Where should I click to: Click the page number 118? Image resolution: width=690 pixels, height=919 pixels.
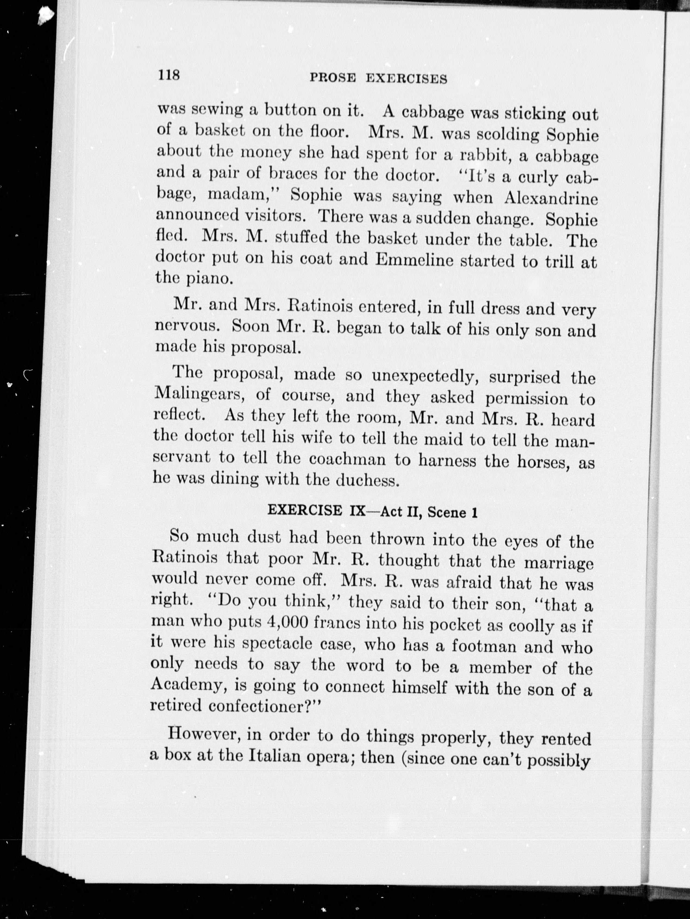pos(168,75)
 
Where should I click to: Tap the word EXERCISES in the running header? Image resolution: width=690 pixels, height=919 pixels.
pos(406,79)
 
